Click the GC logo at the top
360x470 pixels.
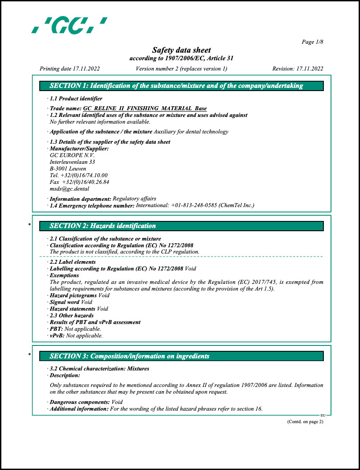coord(69,25)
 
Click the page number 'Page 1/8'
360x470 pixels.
coord(312,42)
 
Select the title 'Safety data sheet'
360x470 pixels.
coord(181,50)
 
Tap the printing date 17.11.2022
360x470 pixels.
coord(86,69)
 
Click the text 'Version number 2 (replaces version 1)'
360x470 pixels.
coord(181,69)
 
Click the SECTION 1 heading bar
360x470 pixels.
coord(181,86)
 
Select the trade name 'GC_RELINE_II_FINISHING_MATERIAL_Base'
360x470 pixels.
coord(145,108)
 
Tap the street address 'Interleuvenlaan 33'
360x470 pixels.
coord(72,162)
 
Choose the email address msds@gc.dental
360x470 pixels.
coord(69,189)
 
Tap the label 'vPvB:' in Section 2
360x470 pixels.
coord(57,336)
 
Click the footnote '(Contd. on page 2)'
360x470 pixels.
coord(305,422)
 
